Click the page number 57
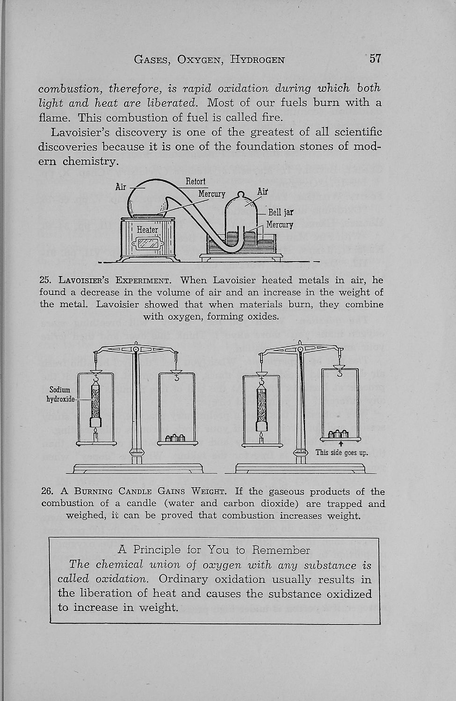pyautogui.click(x=375, y=59)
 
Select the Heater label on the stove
pyautogui.click(x=148, y=229)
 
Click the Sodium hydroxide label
pyautogui.click(x=60, y=394)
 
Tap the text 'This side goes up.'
pyautogui.click(x=341, y=452)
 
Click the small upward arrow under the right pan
pyautogui.click(x=341, y=443)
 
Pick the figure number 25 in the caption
pyautogui.click(x=45, y=280)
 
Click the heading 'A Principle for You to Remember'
pyautogui.click(x=214, y=550)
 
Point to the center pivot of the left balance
pyautogui.click(x=136, y=349)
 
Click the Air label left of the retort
pyautogui.click(x=121, y=187)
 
